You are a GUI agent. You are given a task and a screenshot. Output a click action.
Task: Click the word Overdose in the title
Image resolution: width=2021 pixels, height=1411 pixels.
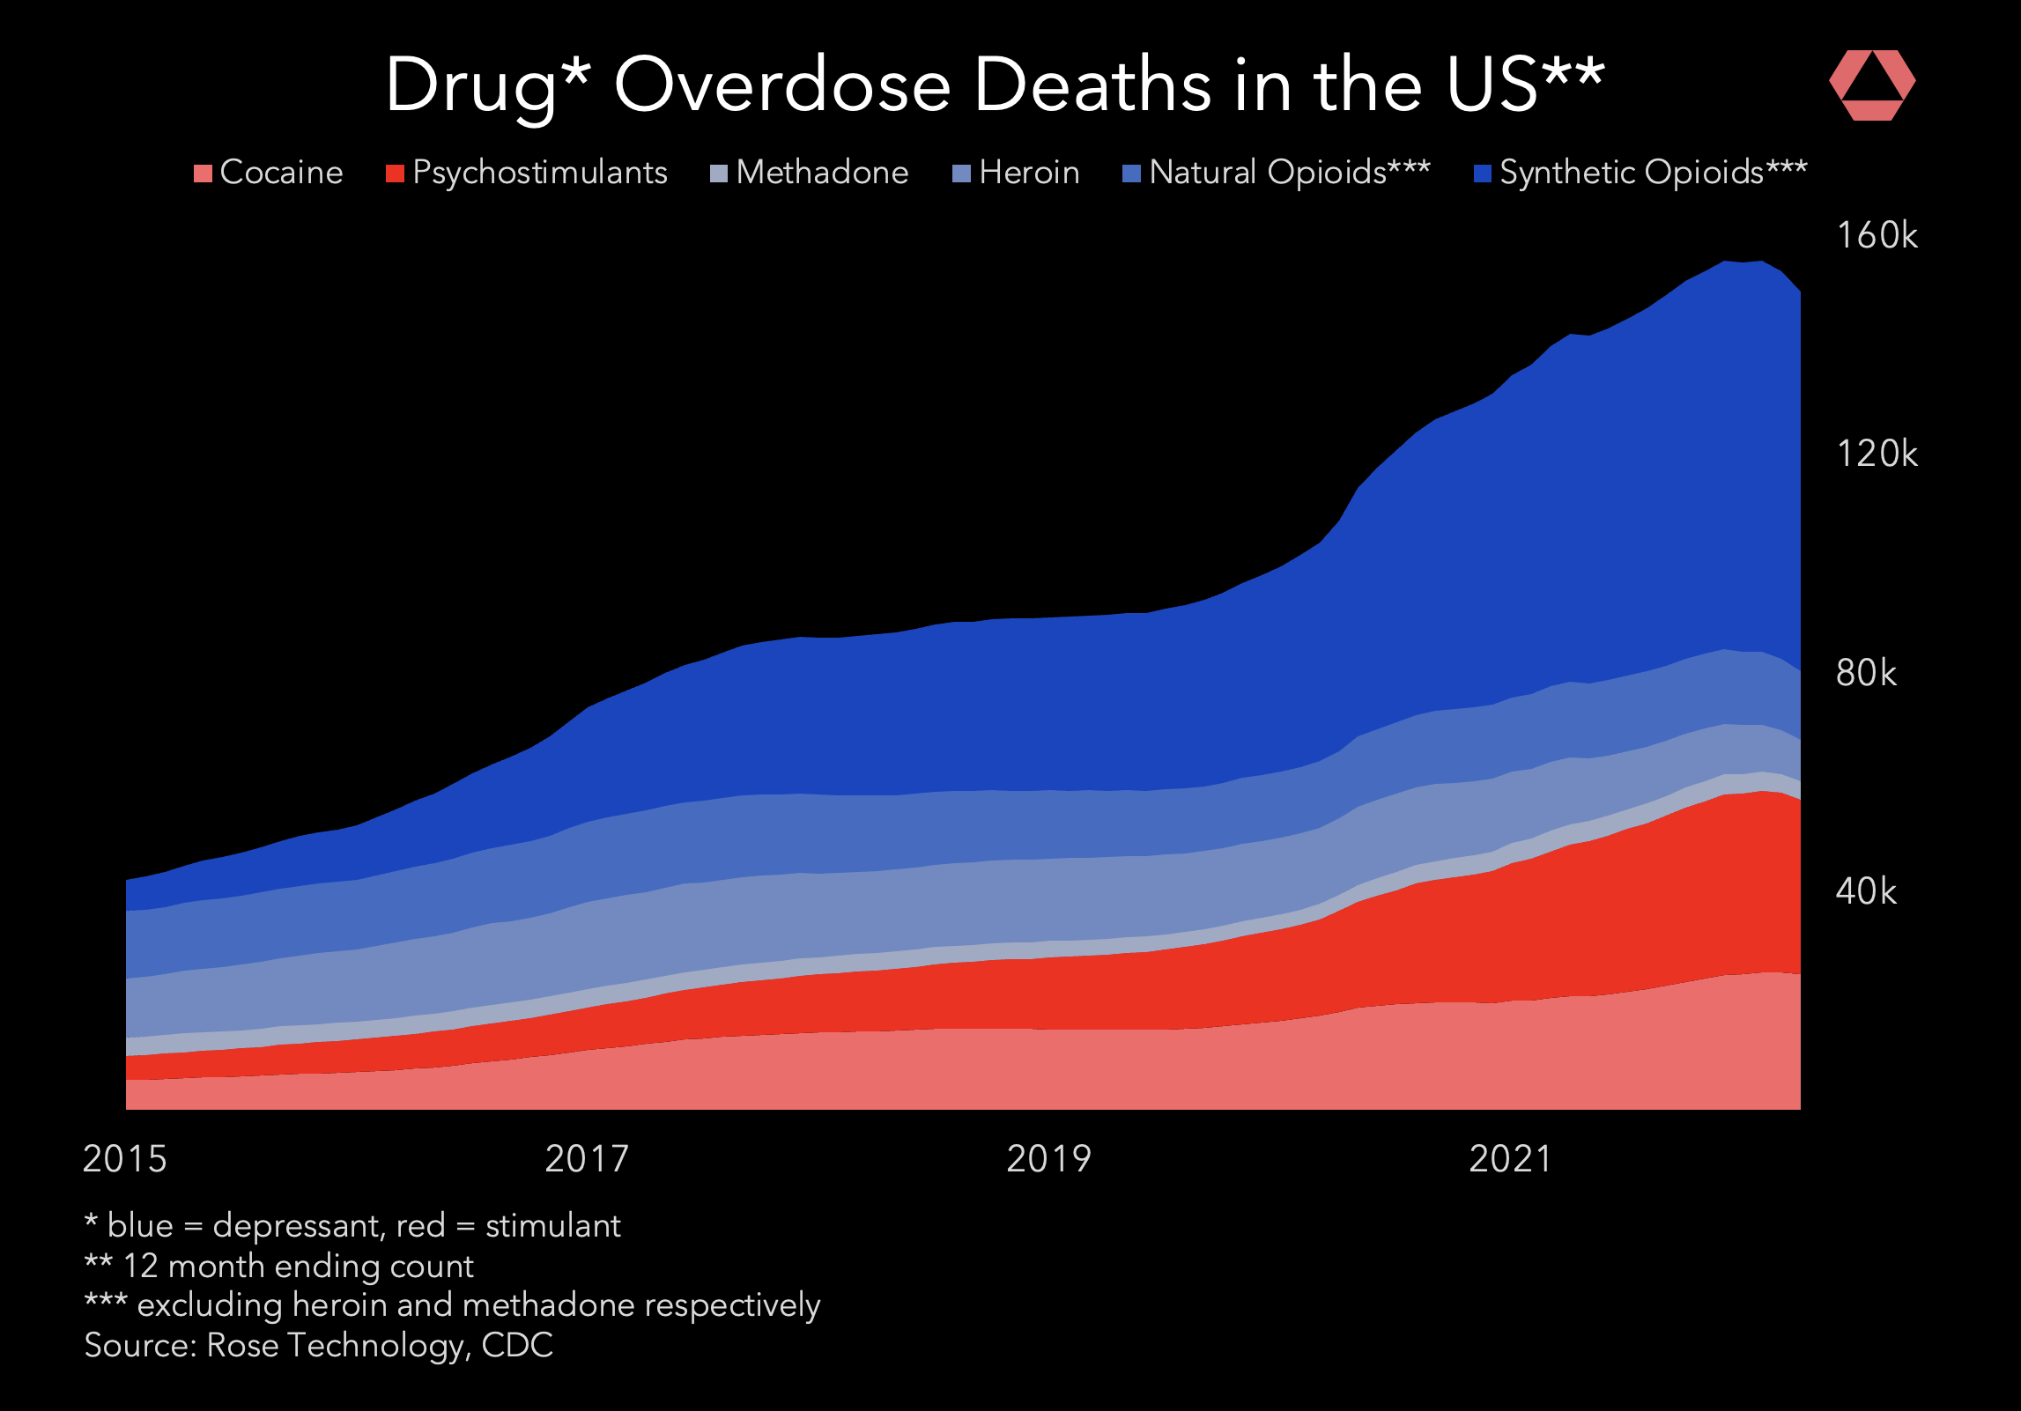[782, 85]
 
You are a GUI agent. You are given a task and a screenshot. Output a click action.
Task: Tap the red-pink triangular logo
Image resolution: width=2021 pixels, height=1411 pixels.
[1872, 85]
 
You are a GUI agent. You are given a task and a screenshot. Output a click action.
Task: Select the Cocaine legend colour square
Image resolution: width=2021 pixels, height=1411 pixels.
[203, 174]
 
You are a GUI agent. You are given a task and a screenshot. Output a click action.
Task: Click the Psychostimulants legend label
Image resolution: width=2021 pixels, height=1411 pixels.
[539, 173]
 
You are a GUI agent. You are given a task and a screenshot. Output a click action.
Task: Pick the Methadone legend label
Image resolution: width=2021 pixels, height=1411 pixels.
[822, 173]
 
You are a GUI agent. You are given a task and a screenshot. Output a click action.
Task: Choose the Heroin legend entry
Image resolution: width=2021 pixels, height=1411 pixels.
[1029, 173]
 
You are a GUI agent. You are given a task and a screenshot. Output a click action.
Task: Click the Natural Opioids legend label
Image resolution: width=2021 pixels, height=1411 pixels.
[1289, 173]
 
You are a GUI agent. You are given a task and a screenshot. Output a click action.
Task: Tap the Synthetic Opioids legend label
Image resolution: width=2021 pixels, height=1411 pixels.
[1653, 173]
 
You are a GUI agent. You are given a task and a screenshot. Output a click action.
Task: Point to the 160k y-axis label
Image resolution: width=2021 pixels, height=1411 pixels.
[1877, 236]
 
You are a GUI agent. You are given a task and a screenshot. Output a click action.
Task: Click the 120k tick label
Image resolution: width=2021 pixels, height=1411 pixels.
[1877, 454]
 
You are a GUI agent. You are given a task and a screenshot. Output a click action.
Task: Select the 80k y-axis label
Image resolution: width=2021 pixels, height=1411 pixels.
[1866, 673]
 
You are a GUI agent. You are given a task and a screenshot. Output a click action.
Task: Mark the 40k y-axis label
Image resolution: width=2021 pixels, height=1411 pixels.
[1866, 891]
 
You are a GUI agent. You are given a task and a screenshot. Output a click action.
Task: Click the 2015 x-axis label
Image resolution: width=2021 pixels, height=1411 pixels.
[124, 1159]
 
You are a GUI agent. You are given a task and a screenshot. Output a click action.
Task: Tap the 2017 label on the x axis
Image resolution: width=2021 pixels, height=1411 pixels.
[587, 1159]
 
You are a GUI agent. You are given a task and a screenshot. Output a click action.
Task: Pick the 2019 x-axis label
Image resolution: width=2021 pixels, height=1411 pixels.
[1048, 1159]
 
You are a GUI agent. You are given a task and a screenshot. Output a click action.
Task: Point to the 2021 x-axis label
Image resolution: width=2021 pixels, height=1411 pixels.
[1510, 1159]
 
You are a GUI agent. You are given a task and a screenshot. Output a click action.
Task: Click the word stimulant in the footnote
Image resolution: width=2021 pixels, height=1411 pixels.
[552, 1226]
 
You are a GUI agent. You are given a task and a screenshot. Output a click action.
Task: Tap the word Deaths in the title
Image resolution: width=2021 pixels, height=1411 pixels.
[1092, 85]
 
